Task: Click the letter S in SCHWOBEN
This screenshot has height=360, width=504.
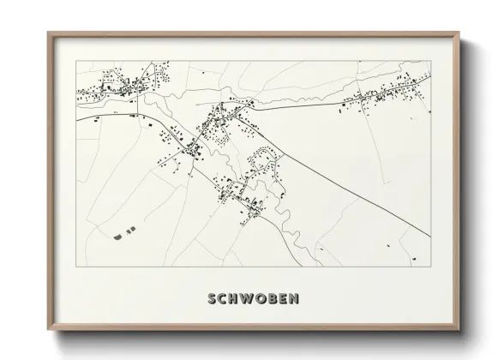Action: (x=211, y=300)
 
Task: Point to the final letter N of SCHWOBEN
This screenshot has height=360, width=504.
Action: (x=295, y=300)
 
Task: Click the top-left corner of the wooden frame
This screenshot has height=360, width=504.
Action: (x=48, y=33)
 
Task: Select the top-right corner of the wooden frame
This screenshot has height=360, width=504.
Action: (x=459, y=33)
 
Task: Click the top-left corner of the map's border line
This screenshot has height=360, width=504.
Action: (x=76, y=62)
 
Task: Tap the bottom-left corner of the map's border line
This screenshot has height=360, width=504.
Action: (x=76, y=265)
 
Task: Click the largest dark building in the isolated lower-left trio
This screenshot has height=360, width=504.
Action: (x=118, y=231)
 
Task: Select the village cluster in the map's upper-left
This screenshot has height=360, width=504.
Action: (x=116, y=84)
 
